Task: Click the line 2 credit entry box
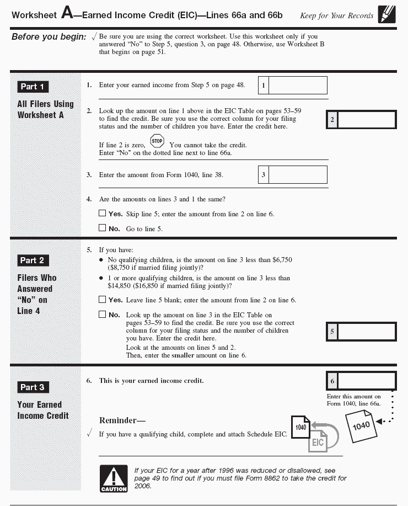coord(366,120)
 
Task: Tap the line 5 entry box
coord(366,332)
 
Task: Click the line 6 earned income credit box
coord(366,381)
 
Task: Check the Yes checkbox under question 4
coord(102,213)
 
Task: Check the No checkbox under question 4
coord(102,228)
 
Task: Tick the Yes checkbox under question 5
coord(102,300)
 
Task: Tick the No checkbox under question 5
coord(102,315)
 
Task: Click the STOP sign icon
coord(157,141)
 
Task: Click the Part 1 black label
coord(33,87)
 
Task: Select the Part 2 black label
coord(33,260)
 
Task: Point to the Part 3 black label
coord(33,387)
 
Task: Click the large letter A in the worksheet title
coord(67,14)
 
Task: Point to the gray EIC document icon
coord(318,441)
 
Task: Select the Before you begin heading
coord(49,37)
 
